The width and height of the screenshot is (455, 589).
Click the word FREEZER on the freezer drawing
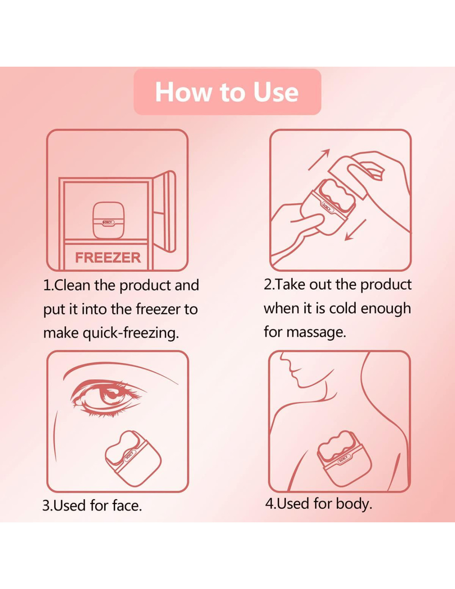[108, 258]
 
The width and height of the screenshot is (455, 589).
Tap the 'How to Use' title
[227, 92]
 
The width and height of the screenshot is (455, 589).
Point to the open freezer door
[165, 211]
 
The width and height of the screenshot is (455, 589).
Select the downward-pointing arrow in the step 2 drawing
[355, 229]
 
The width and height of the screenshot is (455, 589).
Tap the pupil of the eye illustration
[110, 395]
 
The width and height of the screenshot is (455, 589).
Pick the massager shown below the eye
[133, 459]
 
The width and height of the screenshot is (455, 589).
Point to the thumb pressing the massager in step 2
[309, 219]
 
